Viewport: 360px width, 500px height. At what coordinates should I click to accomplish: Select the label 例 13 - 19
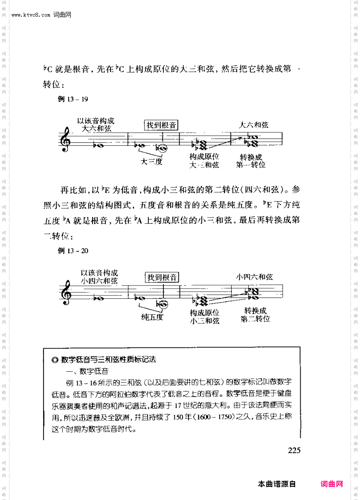click(x=73, y=99)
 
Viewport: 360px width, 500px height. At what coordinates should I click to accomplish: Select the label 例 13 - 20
click(x=73, y=251)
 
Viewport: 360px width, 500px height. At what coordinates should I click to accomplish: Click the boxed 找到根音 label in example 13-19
click(x=161, y=125)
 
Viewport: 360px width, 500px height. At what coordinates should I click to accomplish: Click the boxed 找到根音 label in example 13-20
click(x=162, y=277)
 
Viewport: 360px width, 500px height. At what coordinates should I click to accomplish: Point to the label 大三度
click(x=152, y=162)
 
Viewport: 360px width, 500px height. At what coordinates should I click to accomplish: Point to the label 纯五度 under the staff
click(x=152, y=317)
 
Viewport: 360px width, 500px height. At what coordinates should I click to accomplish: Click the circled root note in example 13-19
click(x=162, y=148)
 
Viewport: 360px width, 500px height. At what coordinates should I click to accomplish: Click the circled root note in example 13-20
click(x=163, y=303)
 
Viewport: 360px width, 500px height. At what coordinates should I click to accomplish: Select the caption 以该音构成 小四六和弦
click(x=99, y=277)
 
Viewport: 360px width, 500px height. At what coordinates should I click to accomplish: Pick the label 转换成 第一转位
click(x=251, y=160)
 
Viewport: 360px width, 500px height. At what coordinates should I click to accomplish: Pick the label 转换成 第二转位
click(x=255, y=315)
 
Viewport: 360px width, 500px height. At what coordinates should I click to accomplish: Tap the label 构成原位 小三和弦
click(x=204, y=317)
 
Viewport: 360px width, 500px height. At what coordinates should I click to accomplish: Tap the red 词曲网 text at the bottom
click(x=331, y=484)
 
